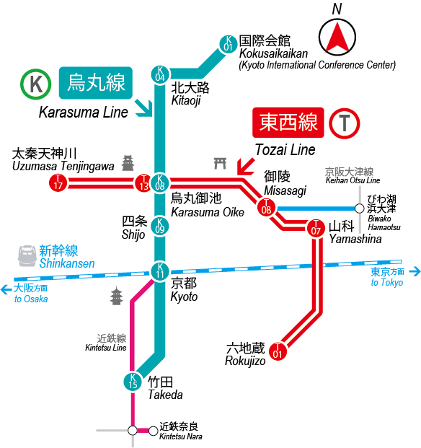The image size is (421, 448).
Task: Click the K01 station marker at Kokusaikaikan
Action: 229,44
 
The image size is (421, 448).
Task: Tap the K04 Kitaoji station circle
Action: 160,74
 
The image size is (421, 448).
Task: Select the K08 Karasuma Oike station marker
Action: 160,183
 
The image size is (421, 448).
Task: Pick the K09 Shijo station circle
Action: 160,226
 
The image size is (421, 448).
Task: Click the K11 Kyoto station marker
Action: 160,271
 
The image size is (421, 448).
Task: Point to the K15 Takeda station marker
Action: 133,382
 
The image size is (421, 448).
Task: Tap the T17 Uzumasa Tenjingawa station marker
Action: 58,183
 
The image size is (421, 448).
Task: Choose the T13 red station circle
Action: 143,183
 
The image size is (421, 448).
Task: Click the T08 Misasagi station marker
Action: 266,207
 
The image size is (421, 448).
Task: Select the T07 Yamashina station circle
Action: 316,228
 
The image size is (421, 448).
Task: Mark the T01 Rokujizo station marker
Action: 278,351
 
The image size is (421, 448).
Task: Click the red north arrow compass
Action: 337,37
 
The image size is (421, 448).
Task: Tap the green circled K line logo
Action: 35,84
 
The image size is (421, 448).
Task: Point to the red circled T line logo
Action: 344,123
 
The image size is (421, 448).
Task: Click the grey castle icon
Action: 128,163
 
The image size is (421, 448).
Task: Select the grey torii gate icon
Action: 221,163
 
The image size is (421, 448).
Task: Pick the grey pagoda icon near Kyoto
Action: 117,296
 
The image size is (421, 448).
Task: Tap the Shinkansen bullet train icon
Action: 27,255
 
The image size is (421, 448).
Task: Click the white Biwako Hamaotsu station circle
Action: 360,208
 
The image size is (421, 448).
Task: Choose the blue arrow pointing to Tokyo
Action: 415,271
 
